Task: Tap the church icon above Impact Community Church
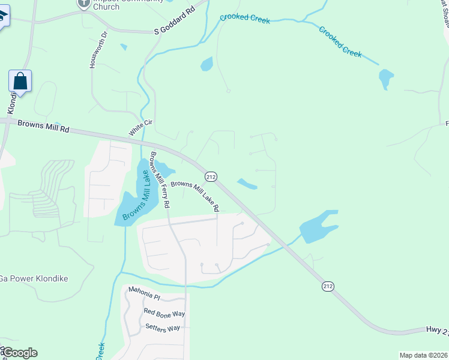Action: (x=85, y=2)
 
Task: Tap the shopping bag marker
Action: (x=20, y=82)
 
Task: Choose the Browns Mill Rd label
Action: (x=44, y=126)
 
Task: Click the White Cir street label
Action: (x=141, y=127)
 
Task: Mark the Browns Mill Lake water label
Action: (x=136, y=197)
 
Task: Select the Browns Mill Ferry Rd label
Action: (x=158, y=179)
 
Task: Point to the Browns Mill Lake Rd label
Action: (x=195, y=196)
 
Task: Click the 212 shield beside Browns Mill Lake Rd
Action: (x=211, y=176)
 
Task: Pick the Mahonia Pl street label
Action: (x=144, y=296)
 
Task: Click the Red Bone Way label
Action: (x=164, y=313)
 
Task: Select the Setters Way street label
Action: (x=163, y=328)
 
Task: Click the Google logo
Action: (x=19, y=353)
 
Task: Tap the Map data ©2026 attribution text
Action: (x=423, y=355)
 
